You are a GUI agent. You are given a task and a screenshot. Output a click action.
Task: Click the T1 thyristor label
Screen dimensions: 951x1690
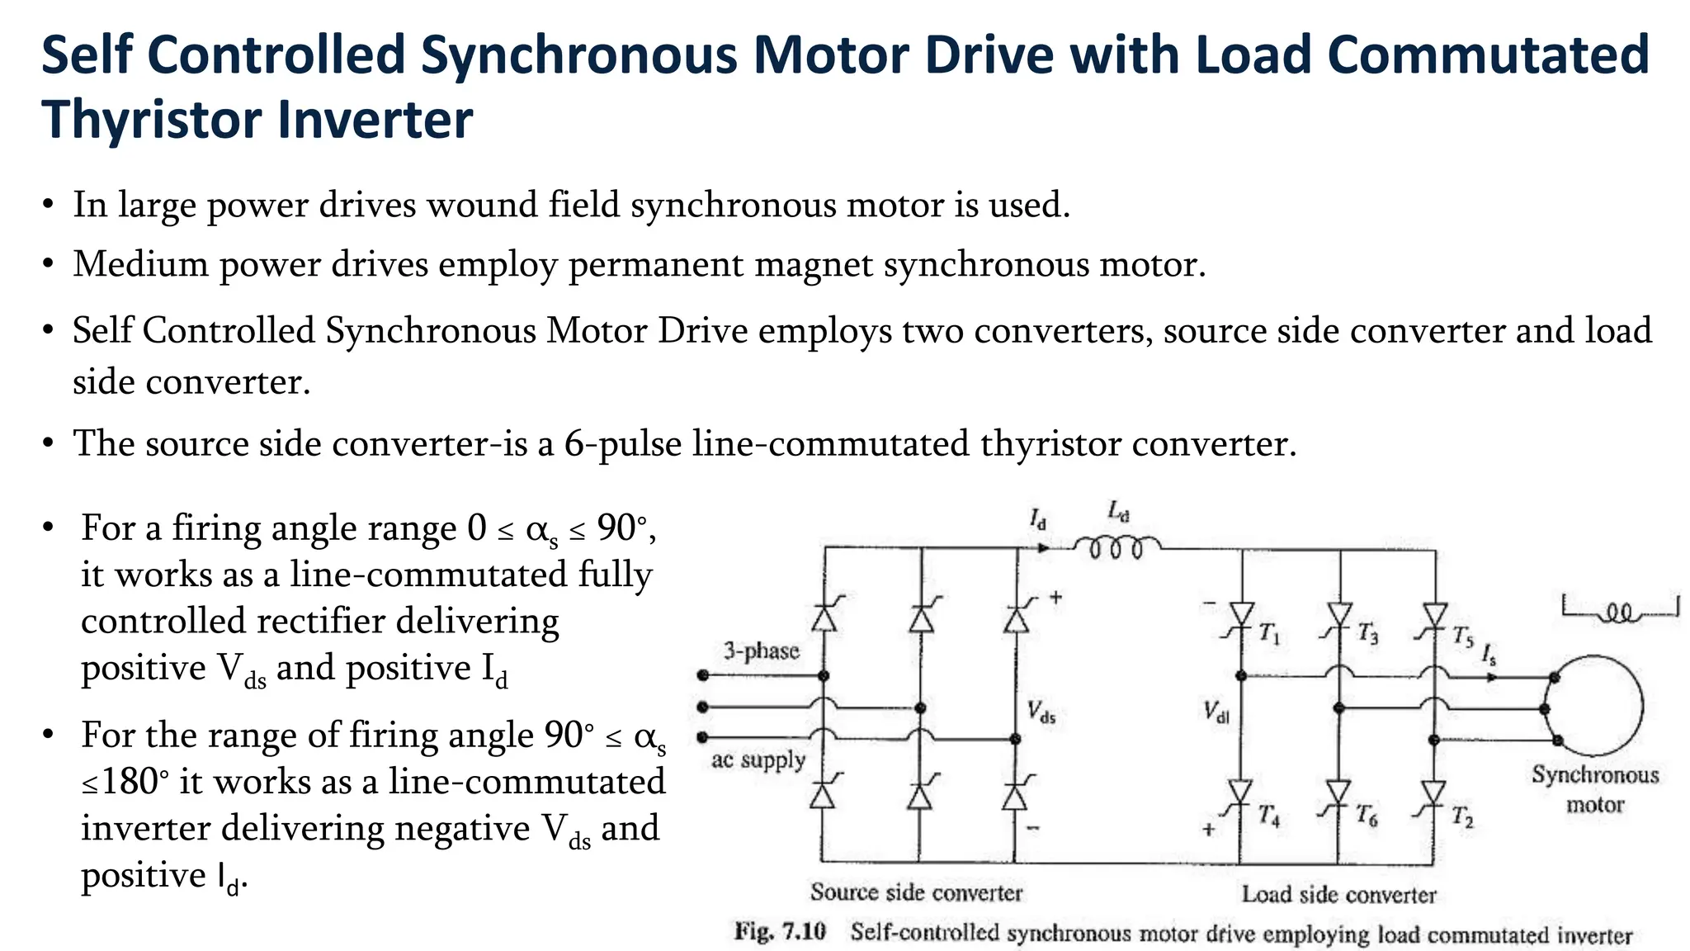click(x=1269, y=635)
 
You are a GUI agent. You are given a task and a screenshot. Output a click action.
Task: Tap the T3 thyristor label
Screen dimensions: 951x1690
click(x=1367, y=634)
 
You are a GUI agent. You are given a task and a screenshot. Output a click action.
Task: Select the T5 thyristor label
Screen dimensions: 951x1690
click(x=1462, y=636)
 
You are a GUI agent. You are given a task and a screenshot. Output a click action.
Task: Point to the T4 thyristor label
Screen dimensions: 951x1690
click(x=1269, y=816)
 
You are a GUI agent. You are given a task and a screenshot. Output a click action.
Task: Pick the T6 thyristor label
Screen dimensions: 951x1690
click(x=1367, y=816)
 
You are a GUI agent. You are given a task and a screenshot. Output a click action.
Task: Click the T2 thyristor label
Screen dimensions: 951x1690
click(x=1462, y=817)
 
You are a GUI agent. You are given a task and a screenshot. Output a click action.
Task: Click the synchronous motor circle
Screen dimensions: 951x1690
click(x=1594, y=706)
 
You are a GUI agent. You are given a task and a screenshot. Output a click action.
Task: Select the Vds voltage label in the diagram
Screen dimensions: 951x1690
click(x=1041, y=712)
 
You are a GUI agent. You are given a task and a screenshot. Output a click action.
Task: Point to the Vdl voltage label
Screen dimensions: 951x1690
click(x=1216, y=712)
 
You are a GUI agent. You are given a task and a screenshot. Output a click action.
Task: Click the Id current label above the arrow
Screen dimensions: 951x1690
click(x=1037, y=520)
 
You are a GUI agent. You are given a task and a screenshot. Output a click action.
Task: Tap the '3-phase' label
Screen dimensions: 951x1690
click(x=762, y=651)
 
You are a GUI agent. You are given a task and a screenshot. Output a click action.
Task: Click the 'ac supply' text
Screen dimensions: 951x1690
click(x=758, y=759)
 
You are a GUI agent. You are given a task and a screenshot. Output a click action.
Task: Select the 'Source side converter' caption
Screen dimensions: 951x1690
click(x=916, y=892)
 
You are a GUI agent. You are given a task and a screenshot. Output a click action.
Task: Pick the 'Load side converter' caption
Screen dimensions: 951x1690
click(x=1338, y=895)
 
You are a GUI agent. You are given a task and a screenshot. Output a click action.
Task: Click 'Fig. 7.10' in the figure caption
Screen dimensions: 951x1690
click(x=780, y=932)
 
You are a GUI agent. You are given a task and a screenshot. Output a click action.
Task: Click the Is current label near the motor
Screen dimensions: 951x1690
click(x=1489, y=656)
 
